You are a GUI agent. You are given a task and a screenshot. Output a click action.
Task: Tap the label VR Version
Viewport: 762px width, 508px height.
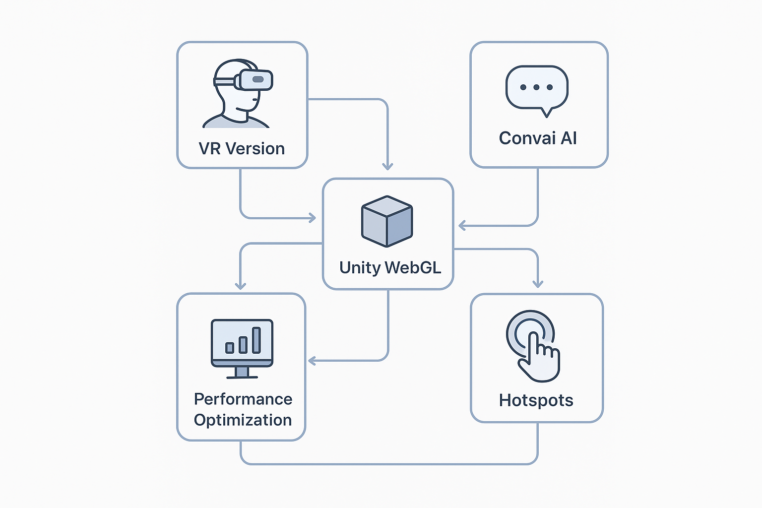(x=242, y=149)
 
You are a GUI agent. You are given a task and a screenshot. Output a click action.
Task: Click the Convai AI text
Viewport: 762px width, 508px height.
(x=538, y=138)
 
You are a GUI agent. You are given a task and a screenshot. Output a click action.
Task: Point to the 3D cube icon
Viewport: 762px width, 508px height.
(x=387, y=221)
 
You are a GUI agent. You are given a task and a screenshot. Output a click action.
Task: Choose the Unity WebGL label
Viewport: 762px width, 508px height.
(x=390, y=268)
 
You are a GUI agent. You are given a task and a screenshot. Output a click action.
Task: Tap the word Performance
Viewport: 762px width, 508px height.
(x=243, y=399)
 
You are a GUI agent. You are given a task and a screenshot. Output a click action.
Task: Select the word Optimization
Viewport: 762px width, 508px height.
(x=243, y=420)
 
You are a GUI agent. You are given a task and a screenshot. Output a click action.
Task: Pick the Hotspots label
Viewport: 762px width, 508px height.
(x=536, y=400)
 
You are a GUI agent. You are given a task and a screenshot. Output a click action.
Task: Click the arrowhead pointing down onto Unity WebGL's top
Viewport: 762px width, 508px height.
(x=388, y=167)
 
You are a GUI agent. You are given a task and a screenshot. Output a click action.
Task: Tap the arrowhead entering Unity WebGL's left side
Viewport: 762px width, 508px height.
(x=313, y=218)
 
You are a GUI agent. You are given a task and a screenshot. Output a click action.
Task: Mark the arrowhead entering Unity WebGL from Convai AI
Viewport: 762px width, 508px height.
(x=462, y=226)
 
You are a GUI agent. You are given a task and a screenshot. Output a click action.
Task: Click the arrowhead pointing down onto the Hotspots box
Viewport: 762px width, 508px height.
(x=538, y=284)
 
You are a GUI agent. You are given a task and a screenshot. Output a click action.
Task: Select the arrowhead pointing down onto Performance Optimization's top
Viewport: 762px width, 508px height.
(x=241, y=286)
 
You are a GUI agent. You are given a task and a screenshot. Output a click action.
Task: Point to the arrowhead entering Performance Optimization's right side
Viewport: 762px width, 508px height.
(x=312, y=361)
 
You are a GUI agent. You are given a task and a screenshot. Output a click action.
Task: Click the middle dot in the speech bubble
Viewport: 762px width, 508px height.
(x=537, y=87)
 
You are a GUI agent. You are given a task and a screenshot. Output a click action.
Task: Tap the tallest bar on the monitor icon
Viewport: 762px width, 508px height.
(x=256, y=340)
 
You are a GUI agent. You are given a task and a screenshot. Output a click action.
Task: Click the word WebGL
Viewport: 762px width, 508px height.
(x=413, y=268)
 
